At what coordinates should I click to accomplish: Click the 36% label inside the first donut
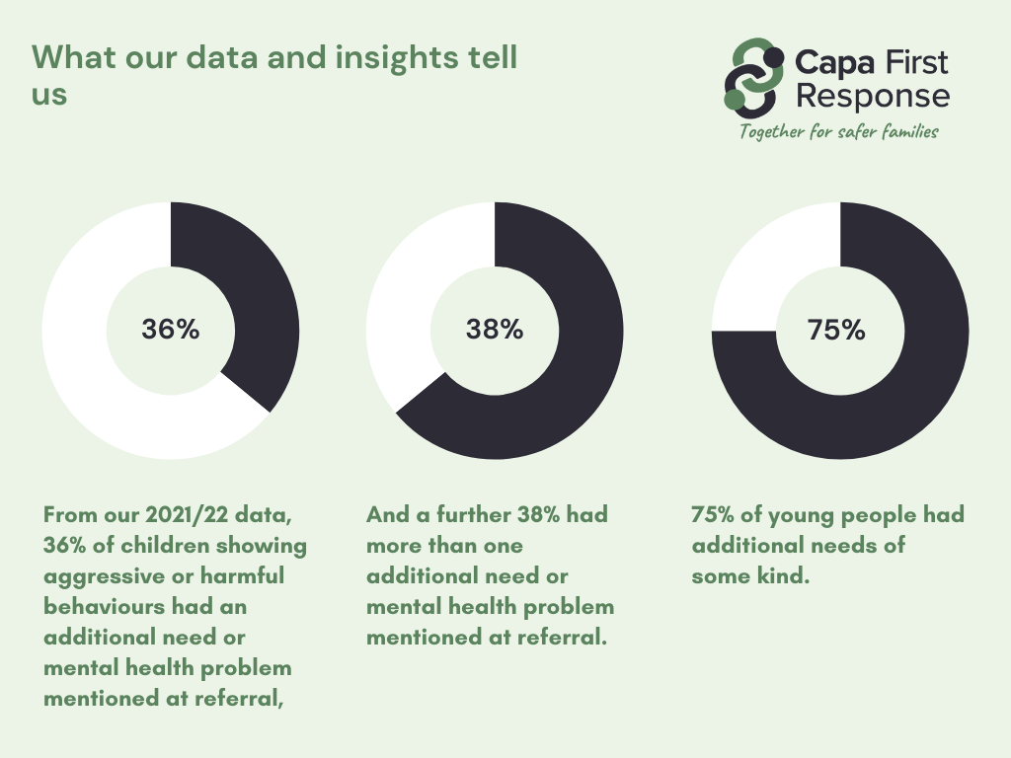[x=170, y=330]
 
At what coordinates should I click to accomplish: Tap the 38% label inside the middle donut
[x=495, y=330]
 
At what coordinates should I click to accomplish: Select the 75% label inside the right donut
[x=836, y=330]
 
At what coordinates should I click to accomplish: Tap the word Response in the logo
[x=873, y=97]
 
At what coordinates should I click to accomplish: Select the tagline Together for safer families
[x=839, y=132]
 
